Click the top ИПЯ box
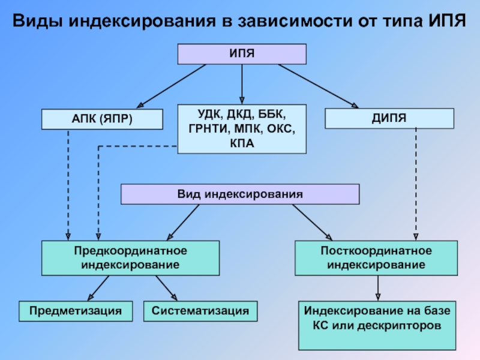[242, 54]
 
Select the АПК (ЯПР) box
[102, 119]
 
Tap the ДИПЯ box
[389, 118]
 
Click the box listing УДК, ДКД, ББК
[242, 128]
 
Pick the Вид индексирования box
[240, 194]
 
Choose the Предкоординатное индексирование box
[130, 257]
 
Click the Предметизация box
[75, 311]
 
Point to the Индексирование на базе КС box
[377, 325]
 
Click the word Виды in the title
[37, 22]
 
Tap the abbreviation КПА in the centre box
[242, 143]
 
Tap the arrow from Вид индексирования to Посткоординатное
[312, 222]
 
